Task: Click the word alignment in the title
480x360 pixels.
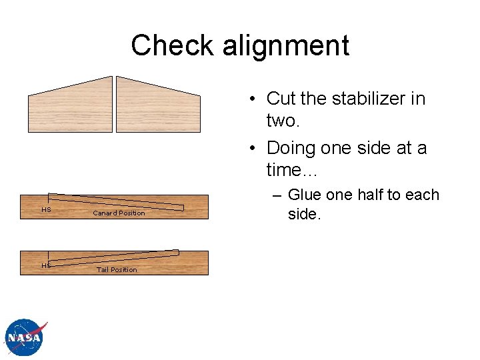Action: point(286,45)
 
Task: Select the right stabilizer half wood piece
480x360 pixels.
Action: point(158,107)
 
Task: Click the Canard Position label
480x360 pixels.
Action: point(119,213)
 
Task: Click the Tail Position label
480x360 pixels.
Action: point(117,270)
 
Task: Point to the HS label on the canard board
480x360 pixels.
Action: point(46,209)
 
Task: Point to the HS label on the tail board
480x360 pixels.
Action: point(46,265)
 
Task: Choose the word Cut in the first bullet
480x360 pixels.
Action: point(281,99)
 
